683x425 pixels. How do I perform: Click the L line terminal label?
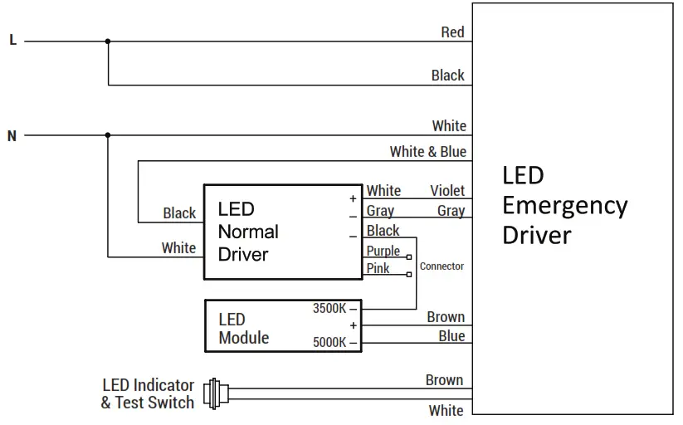(x=12, y=40)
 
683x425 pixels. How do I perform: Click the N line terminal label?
(x=12, y=135)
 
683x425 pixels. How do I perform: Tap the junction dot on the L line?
(x=108, y=40)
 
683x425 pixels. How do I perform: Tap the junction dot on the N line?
(x=108, y=134)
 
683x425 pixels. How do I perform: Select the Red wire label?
(x=452, y=32)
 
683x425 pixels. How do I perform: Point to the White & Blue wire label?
(x=427, y=152)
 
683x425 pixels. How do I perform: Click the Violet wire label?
(x=447, y=191)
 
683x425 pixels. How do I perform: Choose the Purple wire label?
(x=383, y=251)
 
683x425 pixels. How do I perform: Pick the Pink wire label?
(x=378, y=268)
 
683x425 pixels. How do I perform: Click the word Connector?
(x=442, y=266)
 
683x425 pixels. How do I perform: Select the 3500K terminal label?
(x=329, y=309)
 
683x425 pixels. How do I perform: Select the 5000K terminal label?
(x=329, y=343)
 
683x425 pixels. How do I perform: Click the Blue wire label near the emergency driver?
(x=451, y=336)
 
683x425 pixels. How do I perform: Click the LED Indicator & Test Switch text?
(x=148, y=394)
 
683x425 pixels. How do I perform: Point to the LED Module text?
(x=243, y=329)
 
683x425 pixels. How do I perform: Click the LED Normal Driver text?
(x=247, y=232)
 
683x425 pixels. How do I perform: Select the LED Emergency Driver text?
(x=564, y=205)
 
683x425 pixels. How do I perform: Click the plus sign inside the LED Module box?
(x=353, y=326)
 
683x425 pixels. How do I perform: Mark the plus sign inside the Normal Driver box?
(x=353, y=198)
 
